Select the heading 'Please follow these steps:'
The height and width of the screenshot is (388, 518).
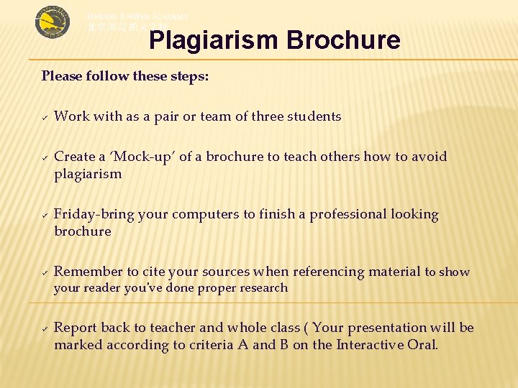point(125,75)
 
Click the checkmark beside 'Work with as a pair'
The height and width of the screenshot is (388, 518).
point(44,116)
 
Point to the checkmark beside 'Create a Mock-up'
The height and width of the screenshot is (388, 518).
point(44,157)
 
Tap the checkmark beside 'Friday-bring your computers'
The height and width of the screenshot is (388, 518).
point(44,214)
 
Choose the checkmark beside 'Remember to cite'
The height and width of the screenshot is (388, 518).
point(44,272)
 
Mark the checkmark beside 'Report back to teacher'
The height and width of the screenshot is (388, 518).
point(44,328)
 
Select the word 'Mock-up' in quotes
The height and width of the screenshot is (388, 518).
point(132,157)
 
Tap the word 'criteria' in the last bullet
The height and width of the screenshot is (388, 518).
point(210,345)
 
